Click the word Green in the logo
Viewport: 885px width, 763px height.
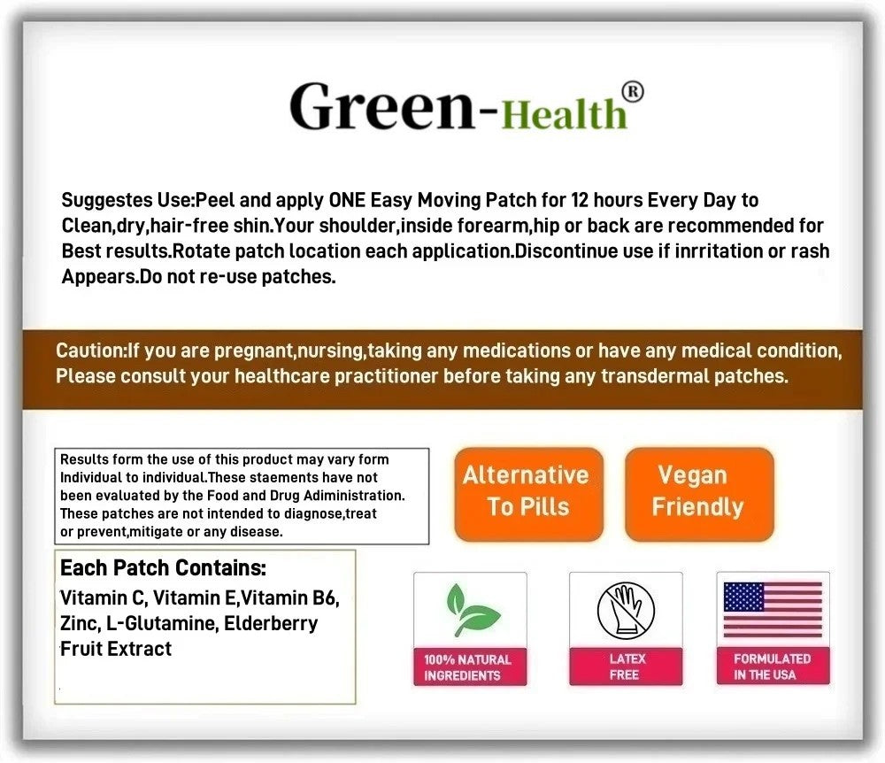382,107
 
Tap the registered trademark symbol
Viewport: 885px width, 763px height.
632,93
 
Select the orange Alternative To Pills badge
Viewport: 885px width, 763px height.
528,495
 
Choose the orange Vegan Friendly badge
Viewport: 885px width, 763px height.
699,495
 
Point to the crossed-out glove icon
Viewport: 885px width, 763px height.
626,611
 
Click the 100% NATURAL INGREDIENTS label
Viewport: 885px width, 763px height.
468,667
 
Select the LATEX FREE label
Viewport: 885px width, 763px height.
626,667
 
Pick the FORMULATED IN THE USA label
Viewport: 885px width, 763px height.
773,667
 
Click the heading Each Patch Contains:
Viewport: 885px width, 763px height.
163,567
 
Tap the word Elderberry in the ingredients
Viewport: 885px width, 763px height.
271,624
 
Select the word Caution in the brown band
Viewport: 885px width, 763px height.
89,351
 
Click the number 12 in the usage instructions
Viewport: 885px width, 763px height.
581,200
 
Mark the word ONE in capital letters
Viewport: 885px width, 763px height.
347,200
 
